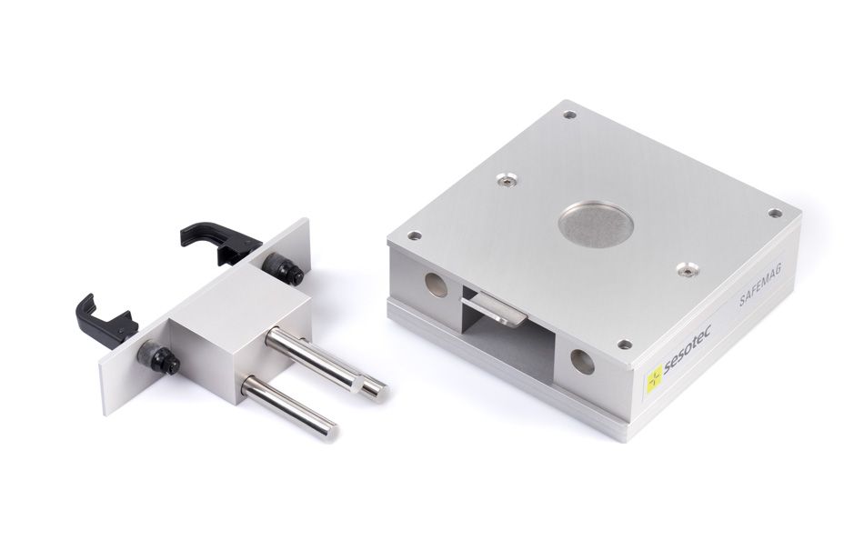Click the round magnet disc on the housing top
[x=595, y=225]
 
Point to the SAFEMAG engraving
[x=760, y=284]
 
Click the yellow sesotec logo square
[x=654, y=379]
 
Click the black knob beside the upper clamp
[x=283, y=269]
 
